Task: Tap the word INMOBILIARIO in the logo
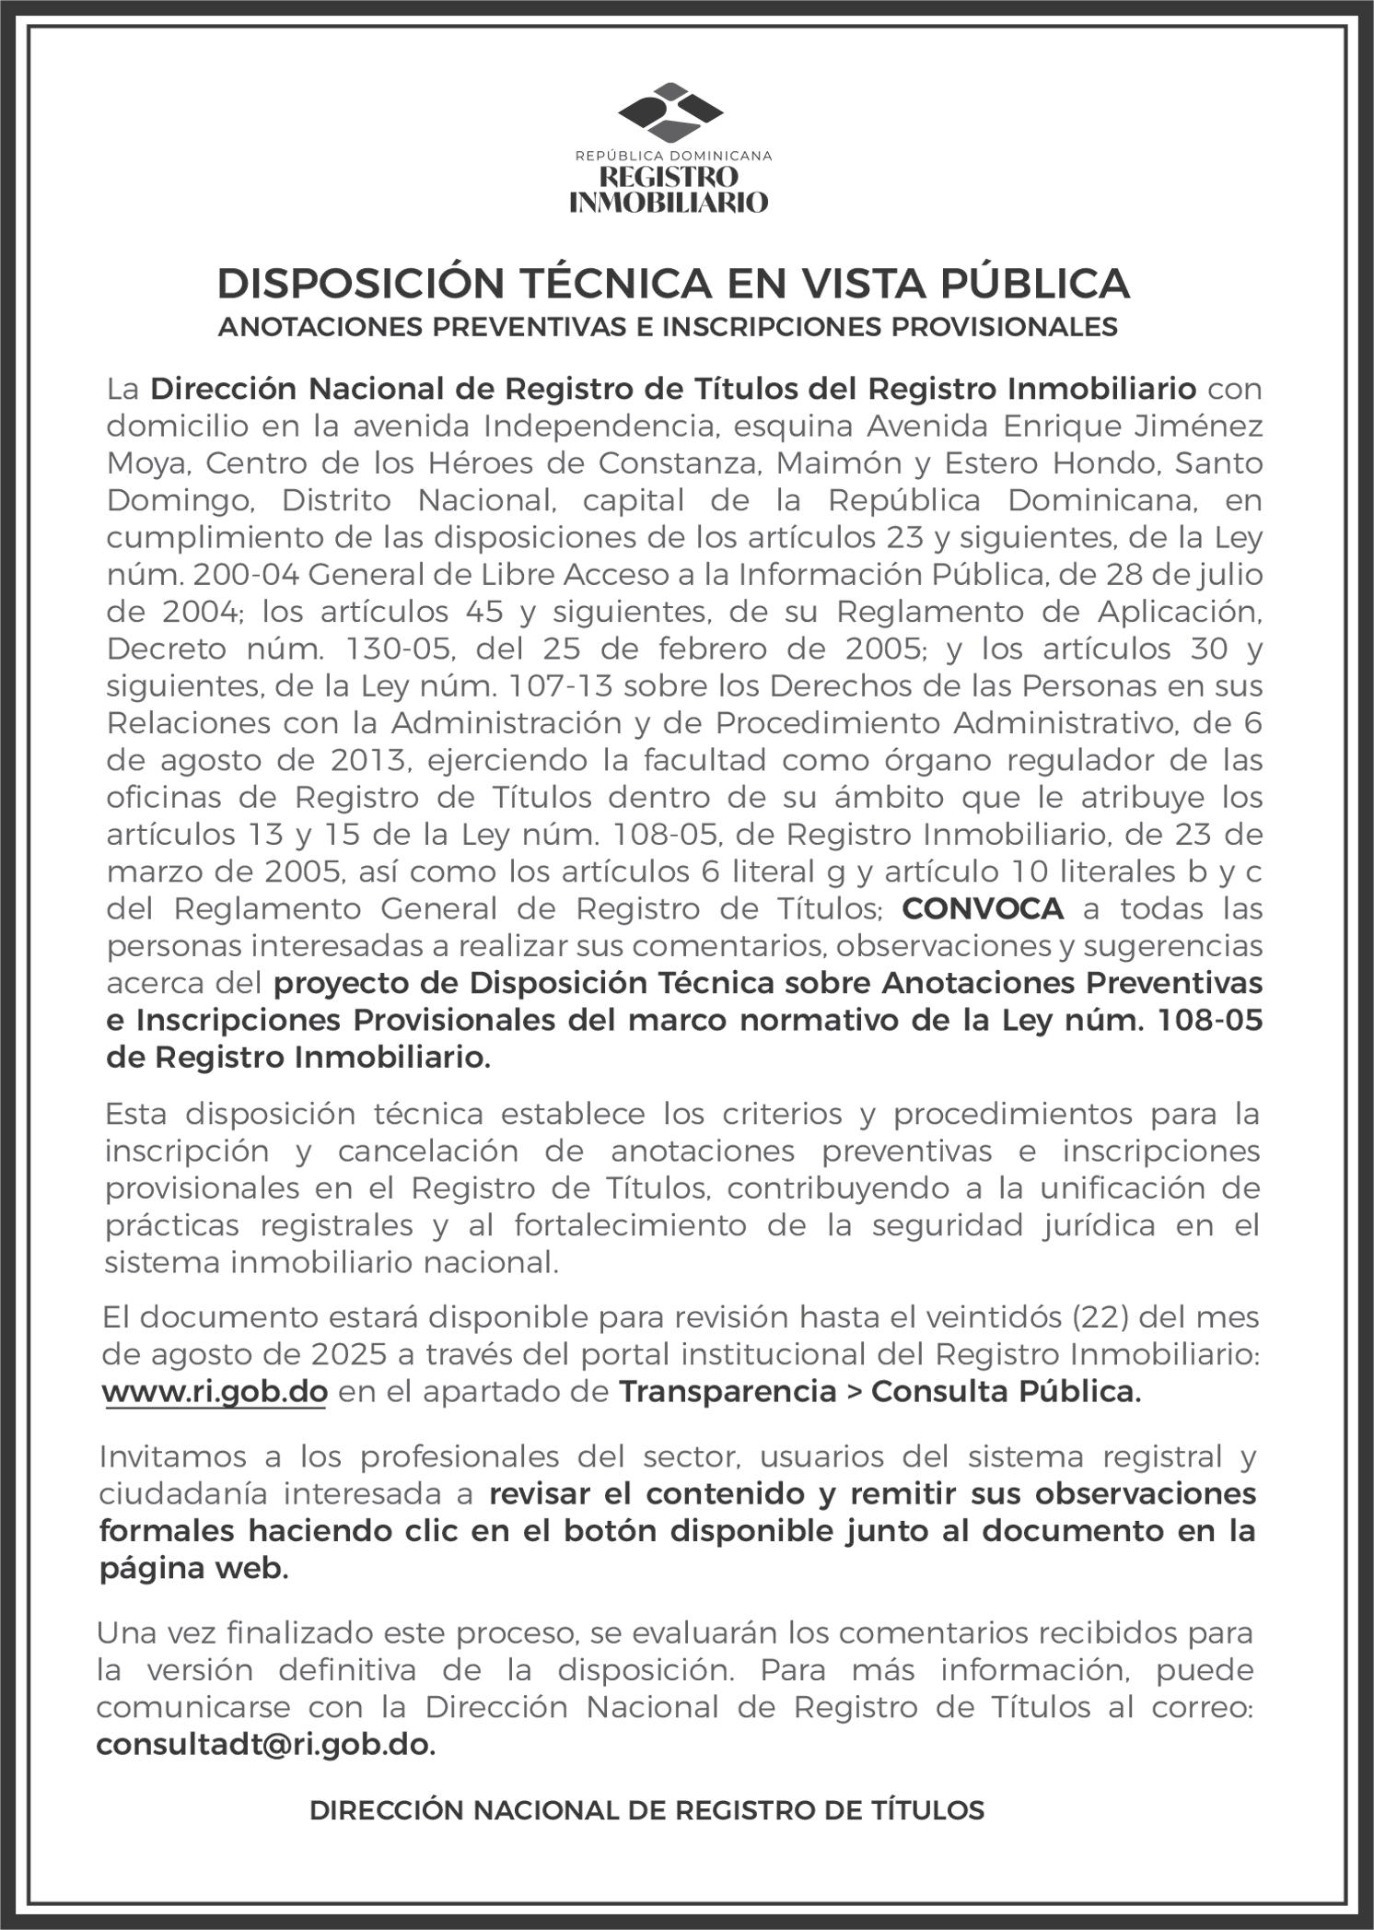click(669, 202)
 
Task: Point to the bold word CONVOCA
click(983, 908)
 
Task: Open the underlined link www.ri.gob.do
click(215, 1391)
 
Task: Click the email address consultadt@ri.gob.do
click(264, 1745)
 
